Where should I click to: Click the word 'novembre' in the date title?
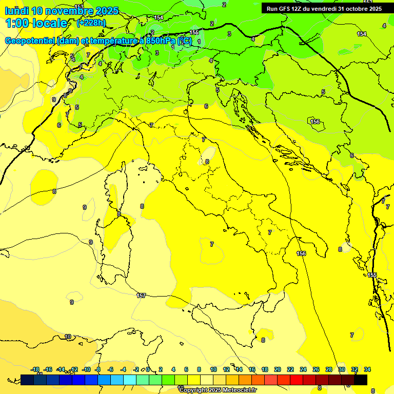point(69,11)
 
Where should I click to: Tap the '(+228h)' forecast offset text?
point(91,23)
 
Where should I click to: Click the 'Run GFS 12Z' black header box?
point(324,8)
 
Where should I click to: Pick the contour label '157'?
point(142,295)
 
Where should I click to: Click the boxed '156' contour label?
point(315,122)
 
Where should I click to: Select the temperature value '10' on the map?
point(68,337)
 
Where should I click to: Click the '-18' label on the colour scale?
point(35,369)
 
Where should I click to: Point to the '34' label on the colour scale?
point(367,369)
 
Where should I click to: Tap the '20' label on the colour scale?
point(278,369)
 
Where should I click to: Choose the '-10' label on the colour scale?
point(86,369)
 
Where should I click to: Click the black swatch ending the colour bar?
point(361,380)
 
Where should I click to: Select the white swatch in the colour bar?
point(207,380)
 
